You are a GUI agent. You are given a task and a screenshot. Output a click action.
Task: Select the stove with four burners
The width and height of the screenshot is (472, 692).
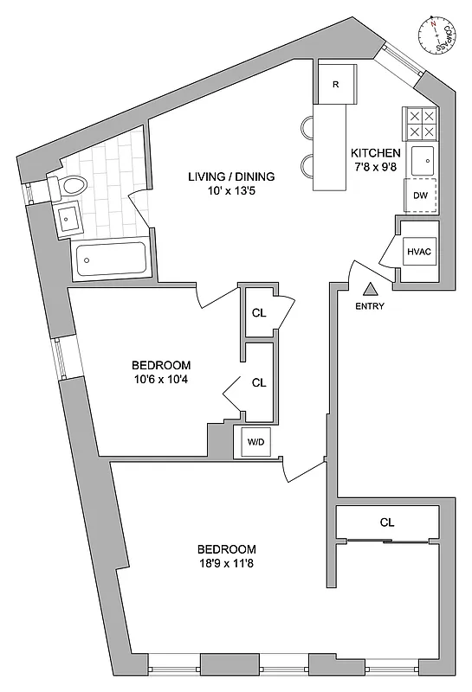(x=421, y=123)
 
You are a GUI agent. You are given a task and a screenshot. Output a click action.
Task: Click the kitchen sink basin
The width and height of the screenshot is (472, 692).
(x=424, y=160)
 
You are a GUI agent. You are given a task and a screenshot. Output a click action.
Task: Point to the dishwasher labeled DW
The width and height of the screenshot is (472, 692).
(x=421, y=195)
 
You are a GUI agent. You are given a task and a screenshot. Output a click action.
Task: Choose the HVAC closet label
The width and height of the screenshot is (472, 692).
(x=419, y=252)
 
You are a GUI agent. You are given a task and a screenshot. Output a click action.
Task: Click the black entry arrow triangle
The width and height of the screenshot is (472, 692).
(x=370, y=290)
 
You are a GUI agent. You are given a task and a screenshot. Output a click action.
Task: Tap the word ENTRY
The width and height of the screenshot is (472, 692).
(x=370, y=306)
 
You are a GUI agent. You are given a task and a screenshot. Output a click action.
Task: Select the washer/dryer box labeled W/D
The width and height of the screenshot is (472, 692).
(x=256, y=441)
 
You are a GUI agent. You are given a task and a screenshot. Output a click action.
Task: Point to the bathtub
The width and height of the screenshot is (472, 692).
(x=110, y=259)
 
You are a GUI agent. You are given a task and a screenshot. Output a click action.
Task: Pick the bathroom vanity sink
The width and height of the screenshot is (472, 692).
(x=68, y=220)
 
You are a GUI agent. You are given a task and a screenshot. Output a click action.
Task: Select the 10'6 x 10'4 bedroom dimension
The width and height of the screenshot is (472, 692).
(x=161, y=380)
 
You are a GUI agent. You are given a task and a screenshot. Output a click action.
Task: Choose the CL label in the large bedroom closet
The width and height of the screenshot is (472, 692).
(x=386, y=522)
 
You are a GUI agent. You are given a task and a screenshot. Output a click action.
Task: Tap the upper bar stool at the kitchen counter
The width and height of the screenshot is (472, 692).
(x=308, y=128)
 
